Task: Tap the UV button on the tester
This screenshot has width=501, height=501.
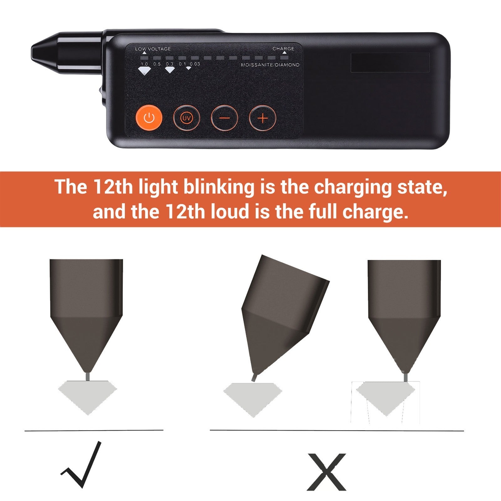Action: coord(187,118)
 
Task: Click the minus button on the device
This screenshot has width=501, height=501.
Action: coord(225,118)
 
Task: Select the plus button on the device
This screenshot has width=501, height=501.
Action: coord(262,118)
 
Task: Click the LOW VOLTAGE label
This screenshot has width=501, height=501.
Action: coord(153,49)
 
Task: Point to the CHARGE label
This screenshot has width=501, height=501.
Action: coord(283,49)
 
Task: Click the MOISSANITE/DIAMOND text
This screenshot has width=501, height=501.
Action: coord(270,65)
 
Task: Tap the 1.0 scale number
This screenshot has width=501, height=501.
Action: coord(144,64)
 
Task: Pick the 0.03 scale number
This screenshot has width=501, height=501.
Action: coord(195,64)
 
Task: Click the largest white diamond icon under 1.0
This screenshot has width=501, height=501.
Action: coord(144,71)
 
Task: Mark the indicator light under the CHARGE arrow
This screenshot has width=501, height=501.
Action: coord(284,58)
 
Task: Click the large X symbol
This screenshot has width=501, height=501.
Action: coord(327,472)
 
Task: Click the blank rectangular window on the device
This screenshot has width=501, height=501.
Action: coord(390,62)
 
